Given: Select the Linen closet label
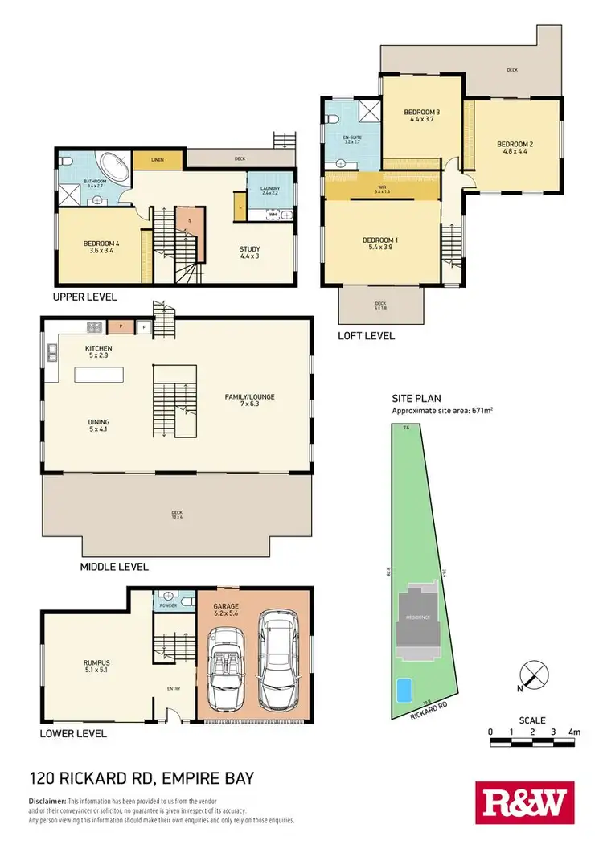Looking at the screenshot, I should click(158, 160).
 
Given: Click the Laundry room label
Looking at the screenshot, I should click(270, 190).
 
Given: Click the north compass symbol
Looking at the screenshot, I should click(531, 674).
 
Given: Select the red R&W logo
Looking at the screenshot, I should click(522, 803).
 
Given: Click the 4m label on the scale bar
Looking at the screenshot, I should click(574, 732).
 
